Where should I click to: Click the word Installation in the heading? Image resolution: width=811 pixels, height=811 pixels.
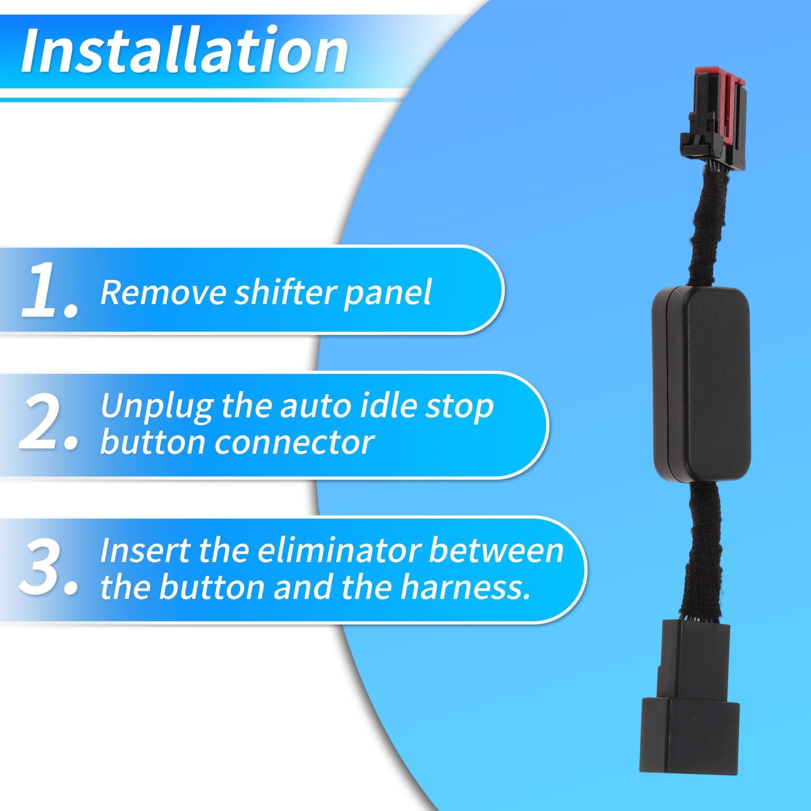click(185, 50)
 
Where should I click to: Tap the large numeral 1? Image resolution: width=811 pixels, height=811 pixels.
click(50, 290)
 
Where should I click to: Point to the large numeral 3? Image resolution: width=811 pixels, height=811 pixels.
click(49, 566)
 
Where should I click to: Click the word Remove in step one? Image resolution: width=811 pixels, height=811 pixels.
click(163, 293)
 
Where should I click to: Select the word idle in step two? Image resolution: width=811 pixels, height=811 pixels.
click(388, 405)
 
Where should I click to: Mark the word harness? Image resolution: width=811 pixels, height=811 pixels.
click(465, 587)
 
